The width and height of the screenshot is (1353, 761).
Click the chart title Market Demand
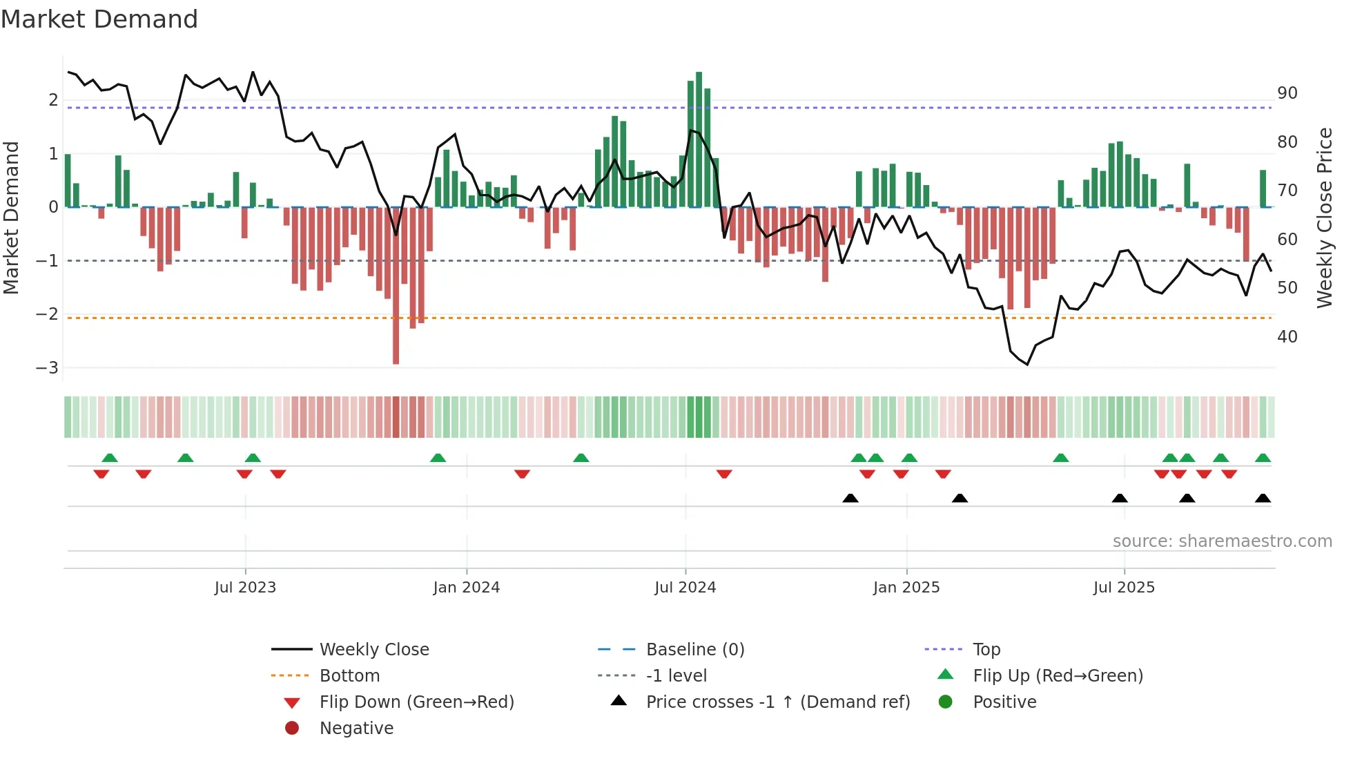click(99, 19)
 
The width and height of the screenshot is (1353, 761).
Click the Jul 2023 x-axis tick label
click(245, 588)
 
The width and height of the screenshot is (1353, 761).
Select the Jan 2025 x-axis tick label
click(906, 588)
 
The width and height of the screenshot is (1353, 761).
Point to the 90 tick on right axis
click(1287, 93)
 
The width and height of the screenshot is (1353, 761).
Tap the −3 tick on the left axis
click(47, 368)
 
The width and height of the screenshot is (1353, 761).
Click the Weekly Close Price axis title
click(1324, 218)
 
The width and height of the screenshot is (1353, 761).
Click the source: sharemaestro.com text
click(1222, 541)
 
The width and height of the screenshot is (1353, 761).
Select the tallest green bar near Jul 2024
click(699, 138)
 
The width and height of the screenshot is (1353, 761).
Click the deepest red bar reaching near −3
click(396, 287)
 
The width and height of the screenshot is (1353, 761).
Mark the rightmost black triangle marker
click(1263, 498)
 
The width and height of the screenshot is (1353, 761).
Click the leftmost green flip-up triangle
click(110, 458)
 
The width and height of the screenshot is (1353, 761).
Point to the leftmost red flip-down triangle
click(101, 474)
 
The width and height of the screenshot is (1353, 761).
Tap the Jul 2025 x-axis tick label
click(1124, 588)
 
